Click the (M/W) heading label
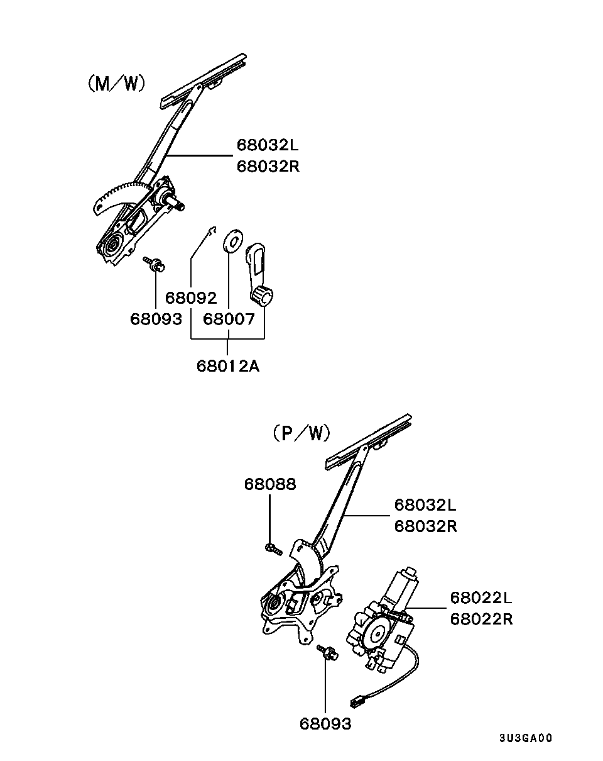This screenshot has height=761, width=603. click(116, 84)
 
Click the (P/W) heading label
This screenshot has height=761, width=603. click(301, 433)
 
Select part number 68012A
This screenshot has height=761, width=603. click(228, 366)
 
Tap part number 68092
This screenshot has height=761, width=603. click(191, 298)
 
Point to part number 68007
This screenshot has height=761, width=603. click(229, 319)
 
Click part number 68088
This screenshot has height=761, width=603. click(270, 484)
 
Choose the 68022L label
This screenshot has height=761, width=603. click(481, 597)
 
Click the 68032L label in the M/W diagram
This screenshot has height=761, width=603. click(268, 145)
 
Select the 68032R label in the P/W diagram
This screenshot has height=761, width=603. click(426, 526)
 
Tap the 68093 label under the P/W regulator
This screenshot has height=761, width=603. click(325, 724)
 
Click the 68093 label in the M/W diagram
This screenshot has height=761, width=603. click(156, 319)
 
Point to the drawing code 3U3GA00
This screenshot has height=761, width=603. click(526, 738)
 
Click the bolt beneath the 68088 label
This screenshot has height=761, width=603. click(273, 549)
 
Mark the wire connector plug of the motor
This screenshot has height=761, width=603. click(357, 703)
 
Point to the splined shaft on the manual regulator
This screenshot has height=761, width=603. click(177, 204)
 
